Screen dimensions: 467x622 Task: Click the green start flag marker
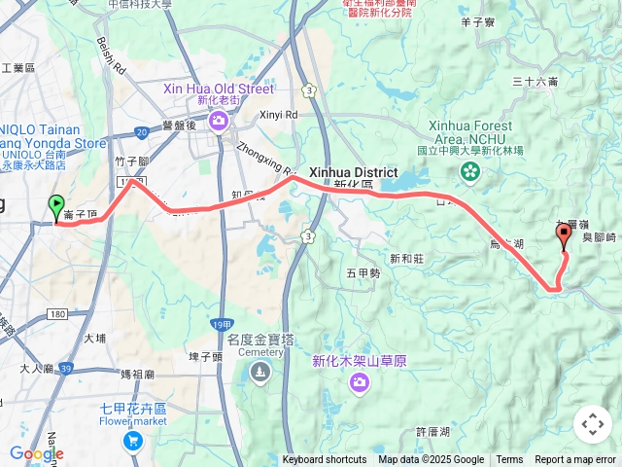(54, 207)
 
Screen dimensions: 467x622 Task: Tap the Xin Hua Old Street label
(219, 89)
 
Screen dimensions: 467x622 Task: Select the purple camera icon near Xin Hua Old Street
(219, 119)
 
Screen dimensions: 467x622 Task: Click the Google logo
(36, 453)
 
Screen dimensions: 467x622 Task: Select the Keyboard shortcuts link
(325, 460)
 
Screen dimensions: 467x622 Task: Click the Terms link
(509, 460)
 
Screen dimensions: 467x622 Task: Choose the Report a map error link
(575, 460)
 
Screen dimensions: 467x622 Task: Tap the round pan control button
(593, 424)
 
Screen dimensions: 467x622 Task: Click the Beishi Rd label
(111, 57)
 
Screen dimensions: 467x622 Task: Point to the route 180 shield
(56, 313)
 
